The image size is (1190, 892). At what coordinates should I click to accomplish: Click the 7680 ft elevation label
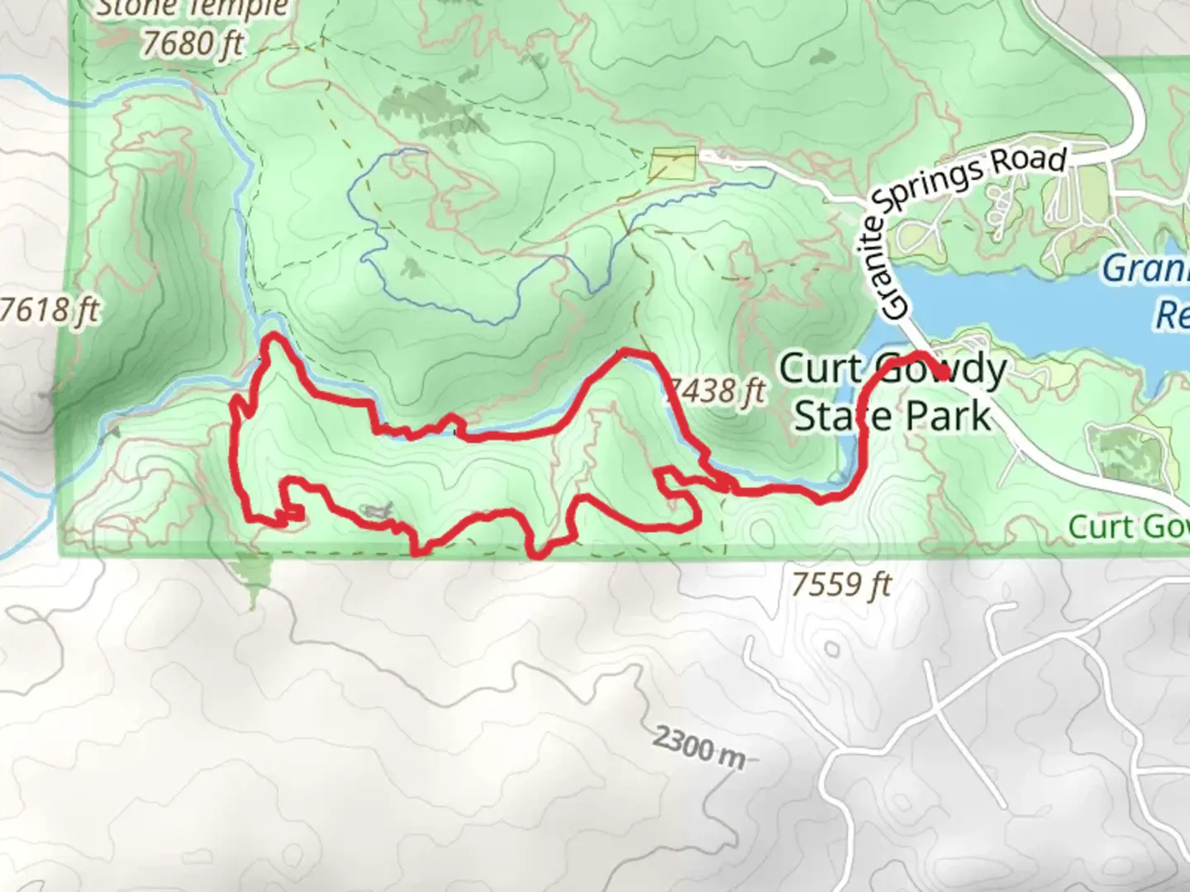tap(193, 43)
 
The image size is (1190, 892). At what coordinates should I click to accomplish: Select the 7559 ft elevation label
tap(841, 585)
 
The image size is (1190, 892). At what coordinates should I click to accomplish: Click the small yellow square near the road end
tap(674, 164)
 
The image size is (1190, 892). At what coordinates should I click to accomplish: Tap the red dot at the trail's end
tap(943, 373)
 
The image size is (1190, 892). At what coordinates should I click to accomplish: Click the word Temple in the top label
tap(240, 8)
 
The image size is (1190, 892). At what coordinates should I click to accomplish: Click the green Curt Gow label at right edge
tap(1128, 527)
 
